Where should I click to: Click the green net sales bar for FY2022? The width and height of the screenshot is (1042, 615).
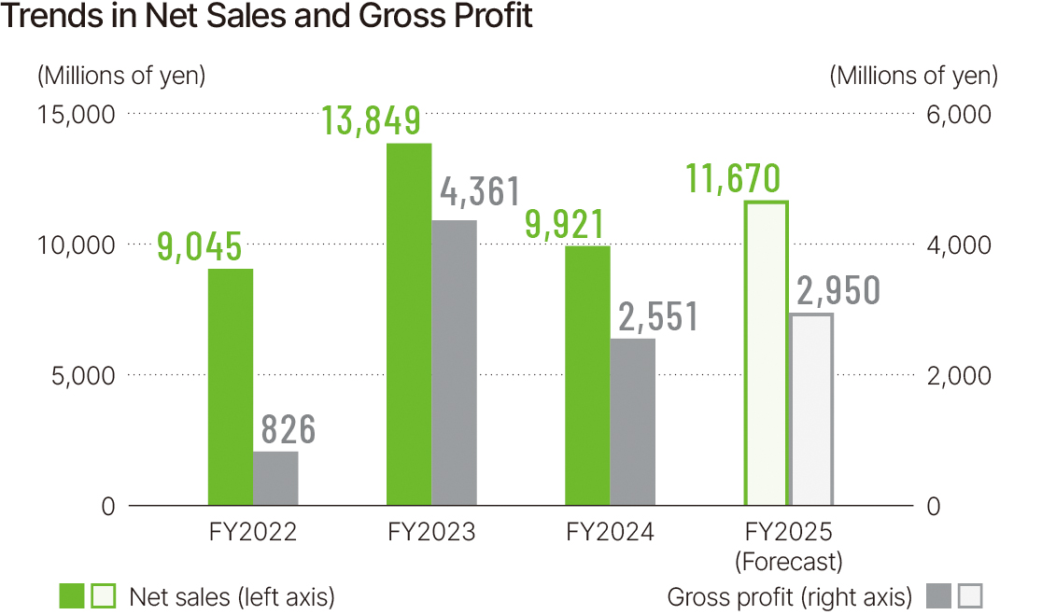click(x=231, y=387)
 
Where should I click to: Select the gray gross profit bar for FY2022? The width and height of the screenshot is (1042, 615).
click(x=275, y=479)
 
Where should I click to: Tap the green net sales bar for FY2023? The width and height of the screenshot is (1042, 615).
click(x=409, y=325)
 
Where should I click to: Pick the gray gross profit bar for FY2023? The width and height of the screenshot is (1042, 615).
click(x=454, y=363)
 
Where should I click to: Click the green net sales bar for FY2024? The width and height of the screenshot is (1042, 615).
click(x=587, y=376)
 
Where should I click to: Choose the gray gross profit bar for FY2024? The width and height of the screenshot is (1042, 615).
click(x=632, y=422)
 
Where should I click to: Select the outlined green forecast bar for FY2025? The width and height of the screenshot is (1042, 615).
click(x=766, y=354)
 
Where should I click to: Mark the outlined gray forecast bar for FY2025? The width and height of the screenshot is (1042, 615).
click(x=811, y=410)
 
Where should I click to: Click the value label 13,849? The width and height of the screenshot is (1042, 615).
click(x=371, y=120)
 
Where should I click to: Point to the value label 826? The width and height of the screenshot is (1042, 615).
click(x=288, y=430)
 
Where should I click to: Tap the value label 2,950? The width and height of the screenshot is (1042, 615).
click(x=838, y=291)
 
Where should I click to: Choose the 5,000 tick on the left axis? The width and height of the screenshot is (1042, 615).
click(x=81, y=375)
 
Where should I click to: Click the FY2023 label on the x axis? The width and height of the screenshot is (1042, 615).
click(x=431, y=532)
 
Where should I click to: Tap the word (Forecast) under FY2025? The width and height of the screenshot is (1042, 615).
click(x=788, y=562)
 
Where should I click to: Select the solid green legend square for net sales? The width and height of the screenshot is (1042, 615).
click(x=72, y=596)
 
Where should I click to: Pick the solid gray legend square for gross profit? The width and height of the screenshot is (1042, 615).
click(x=939, y=596)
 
